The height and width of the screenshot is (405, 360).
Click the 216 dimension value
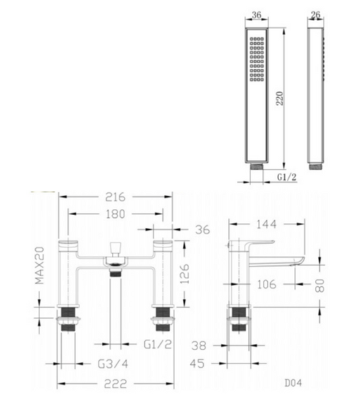pyautogui.click(x=115, y=197)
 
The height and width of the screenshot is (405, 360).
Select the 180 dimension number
pyautogui.click(x=115, y=214)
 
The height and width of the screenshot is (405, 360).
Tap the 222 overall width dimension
pyautogui.click(x=115, y=384)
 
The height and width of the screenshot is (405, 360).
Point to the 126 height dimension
pyautogui.click(x=185, y=274)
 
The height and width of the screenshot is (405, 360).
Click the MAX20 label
pyautogui.click(x=40, y=266)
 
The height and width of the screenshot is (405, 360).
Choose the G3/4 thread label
pyautogui.click(x=113, y=364)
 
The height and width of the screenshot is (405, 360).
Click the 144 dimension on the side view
pyautogui.click(x=266, y=224)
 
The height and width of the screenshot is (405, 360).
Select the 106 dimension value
pyautogui.click(x=266, y=284)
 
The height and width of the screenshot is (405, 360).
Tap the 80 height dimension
pyautogui.click(x=320, y=285)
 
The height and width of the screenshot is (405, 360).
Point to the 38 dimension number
pyautogui.click(x=199, y=346)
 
